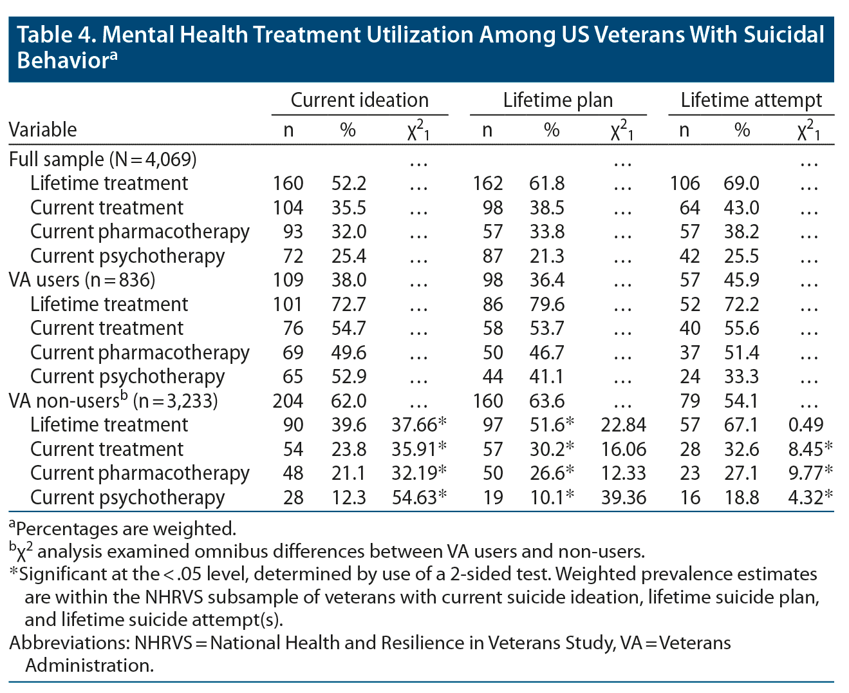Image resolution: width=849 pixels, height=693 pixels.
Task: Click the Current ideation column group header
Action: (359, 100)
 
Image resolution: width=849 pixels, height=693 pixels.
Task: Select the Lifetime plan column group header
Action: (557, 100)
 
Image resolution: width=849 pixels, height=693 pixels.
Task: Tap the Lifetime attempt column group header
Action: (751, 100)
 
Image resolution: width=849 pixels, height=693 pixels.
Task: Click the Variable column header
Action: (42, 130)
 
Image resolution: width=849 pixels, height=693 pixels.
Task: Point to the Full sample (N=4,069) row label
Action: (103, 159)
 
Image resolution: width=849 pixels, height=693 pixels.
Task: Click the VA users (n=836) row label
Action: (82, 280)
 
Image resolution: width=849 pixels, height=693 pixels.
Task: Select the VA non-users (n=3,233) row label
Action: (113, 401)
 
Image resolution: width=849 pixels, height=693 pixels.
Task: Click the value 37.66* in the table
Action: (419, 425)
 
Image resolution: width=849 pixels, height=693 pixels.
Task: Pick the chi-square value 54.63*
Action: (419, 498)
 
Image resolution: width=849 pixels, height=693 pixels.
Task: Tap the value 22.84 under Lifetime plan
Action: (623, 425)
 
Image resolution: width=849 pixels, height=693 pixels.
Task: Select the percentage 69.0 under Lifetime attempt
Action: (741, 184)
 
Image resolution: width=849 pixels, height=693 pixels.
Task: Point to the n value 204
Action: (288, 401)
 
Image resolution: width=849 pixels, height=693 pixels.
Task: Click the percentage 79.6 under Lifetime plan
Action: (547, 305)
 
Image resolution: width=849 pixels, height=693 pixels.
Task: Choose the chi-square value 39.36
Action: (623, 498)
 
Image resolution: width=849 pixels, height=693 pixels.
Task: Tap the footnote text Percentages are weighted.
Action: (126, 529)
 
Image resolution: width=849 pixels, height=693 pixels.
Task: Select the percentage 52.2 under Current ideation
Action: (349, 184)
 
